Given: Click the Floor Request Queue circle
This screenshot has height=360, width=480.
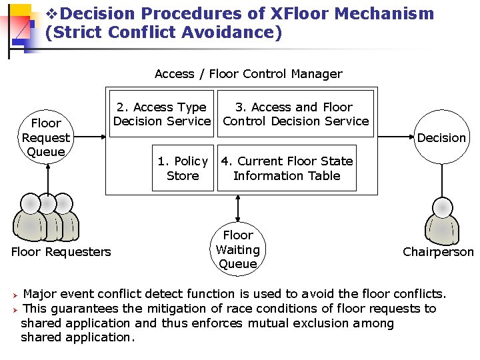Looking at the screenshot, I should [x=46, y=137].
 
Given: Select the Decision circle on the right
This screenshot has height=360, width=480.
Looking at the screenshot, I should [x=441, y=137].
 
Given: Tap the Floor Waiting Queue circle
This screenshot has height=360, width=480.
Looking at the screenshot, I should [x=238, y=249].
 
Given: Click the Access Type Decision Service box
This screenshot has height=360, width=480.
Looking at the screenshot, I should [x=161, y=113].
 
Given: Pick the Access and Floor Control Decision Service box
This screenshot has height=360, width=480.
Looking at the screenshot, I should [x=295, y=113].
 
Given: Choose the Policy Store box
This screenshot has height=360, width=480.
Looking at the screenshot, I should [x=183, y=168].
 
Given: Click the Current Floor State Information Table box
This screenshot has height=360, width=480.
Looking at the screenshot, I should [x=287, y=168].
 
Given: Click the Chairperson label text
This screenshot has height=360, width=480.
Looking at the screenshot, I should [x=438, y=252].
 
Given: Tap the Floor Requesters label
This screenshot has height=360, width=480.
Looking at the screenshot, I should [x=61, y=252].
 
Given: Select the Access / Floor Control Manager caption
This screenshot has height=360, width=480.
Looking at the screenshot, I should [x=248, y=74].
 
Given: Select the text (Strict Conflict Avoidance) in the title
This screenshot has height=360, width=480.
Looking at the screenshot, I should [x=164, y=32].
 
